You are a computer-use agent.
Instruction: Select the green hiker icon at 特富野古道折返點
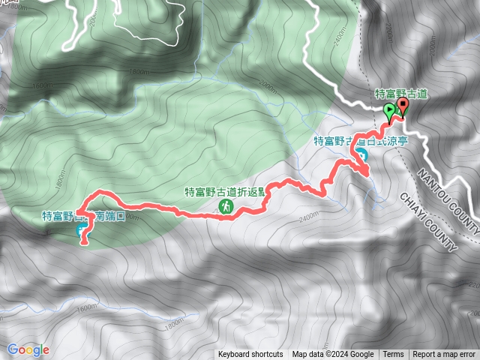(225, 205)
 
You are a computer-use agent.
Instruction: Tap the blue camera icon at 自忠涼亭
(361, 155)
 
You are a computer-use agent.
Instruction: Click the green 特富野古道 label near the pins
(401, 93)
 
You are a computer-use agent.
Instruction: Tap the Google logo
(28, 349)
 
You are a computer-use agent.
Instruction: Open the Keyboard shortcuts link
(250, 355)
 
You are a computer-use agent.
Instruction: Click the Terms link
(393, 355)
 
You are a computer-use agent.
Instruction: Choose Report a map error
(445, 355)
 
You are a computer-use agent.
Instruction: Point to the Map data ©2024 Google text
(333, 355)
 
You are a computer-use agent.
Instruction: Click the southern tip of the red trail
(83, 242)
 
